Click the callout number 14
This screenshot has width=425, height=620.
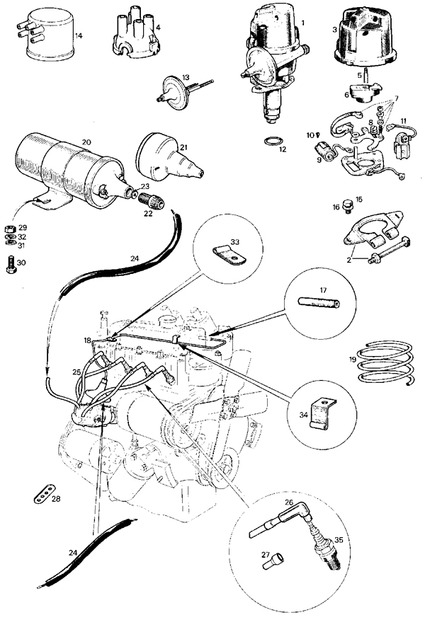(79, 35)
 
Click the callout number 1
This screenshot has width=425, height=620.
(302, 23)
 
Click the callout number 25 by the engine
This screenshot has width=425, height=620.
(76, 371)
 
